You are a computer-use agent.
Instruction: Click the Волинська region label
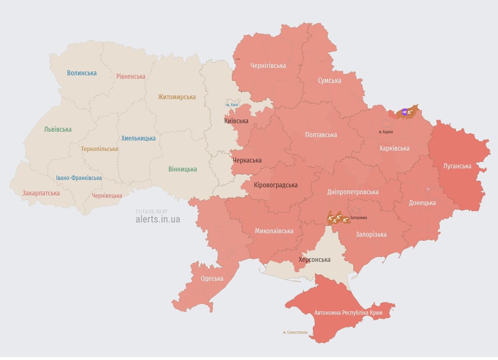(82, 73)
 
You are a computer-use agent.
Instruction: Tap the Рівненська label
(131, 76)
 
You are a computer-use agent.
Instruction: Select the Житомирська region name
(177, 97)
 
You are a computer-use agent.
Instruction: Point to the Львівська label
(58, 129)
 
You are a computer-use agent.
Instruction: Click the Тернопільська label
(99, 149)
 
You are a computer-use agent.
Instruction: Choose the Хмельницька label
(138, 138)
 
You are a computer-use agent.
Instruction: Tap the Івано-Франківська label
(79, 178)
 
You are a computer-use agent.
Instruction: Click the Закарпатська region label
(41, 193)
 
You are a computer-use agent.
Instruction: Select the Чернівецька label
(107, 195)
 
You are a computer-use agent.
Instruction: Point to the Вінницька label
(183, 169)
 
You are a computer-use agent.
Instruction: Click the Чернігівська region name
(268, 66)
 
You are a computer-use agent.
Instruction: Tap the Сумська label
(329, 81)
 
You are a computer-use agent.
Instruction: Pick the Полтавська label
(321, 135)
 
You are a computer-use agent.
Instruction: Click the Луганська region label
(457, 166)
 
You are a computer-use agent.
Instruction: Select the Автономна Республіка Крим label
(348, 313)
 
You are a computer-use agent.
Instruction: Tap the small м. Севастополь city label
(295, 332)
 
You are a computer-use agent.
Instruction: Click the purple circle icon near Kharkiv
(405, 112)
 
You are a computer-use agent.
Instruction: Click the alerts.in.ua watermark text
(157, 219)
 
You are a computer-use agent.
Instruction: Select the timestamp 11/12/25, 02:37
(151, 211)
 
